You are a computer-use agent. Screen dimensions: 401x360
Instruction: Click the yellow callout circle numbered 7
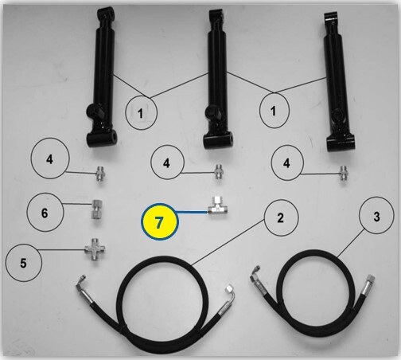click(159, 221)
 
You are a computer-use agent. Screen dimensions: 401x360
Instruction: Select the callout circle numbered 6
click(45, 212)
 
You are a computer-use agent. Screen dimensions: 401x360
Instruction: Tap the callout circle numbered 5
click(23, 263)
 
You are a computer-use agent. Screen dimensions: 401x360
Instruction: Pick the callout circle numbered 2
click(281, 217)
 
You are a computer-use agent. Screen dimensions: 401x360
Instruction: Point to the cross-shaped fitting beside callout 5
click(95, 249)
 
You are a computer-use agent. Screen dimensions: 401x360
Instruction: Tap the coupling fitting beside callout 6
click(97, 209)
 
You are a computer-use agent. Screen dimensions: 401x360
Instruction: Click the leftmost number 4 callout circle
click(50, 159)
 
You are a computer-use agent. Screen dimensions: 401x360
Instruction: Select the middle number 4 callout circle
click(167, 162)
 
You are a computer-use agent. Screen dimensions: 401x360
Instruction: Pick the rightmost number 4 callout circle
click(287, 162)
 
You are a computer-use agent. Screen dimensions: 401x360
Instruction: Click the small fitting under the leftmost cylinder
click(100, 174)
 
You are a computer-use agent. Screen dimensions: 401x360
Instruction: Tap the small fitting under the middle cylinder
click(219, 171)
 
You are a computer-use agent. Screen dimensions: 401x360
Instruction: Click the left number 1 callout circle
click(141, 112)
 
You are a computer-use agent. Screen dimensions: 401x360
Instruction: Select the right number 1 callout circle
click(274, 110)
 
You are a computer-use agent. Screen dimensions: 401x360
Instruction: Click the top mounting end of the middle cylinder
click(216, 18)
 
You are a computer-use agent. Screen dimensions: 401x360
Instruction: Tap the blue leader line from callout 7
click(192, 212)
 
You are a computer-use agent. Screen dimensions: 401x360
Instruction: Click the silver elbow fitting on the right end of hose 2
click(228, 296)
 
